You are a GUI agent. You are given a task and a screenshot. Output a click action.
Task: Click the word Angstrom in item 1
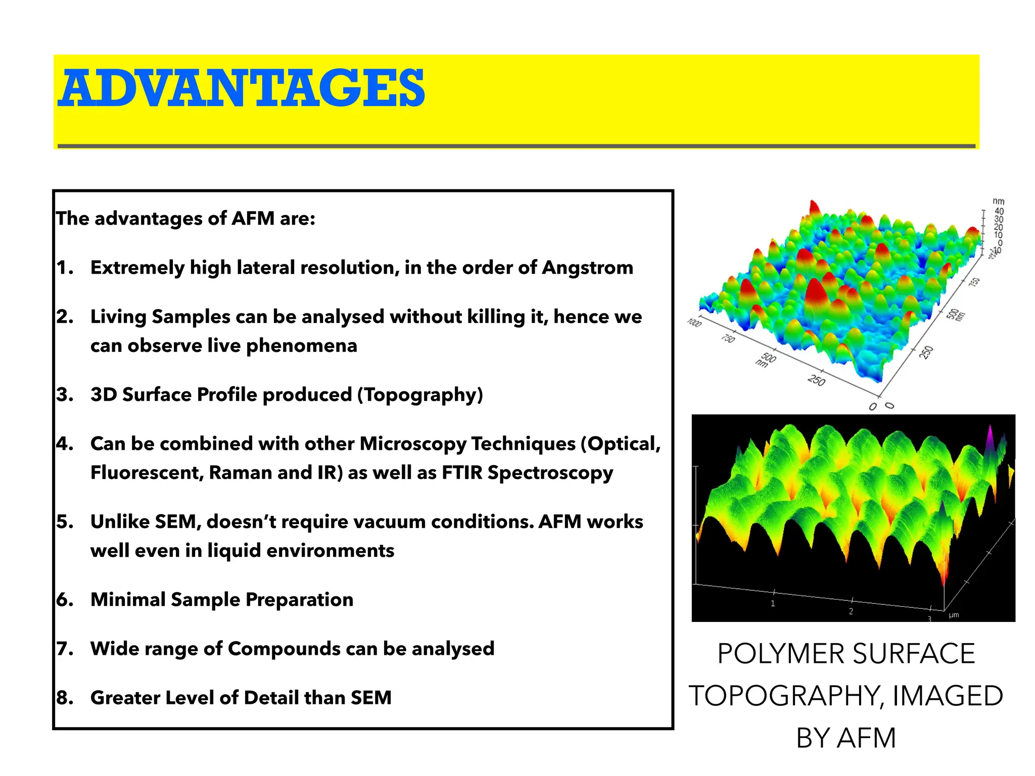click(587, 268)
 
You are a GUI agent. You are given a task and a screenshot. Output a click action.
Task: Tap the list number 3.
click(64, 395)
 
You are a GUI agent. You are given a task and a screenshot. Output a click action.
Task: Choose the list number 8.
click(64, 698)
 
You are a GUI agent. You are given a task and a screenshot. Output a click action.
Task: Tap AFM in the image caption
click(866, 738)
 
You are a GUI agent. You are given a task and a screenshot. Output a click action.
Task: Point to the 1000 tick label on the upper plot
click(694, 323)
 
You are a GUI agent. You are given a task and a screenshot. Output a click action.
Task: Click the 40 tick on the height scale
click(999, 212)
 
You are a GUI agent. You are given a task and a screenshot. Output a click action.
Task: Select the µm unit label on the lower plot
click(954, 615)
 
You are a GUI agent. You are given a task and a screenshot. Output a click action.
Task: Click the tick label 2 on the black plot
click(851, 611)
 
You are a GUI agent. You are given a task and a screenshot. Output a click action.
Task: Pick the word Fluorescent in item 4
click(147, 473)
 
